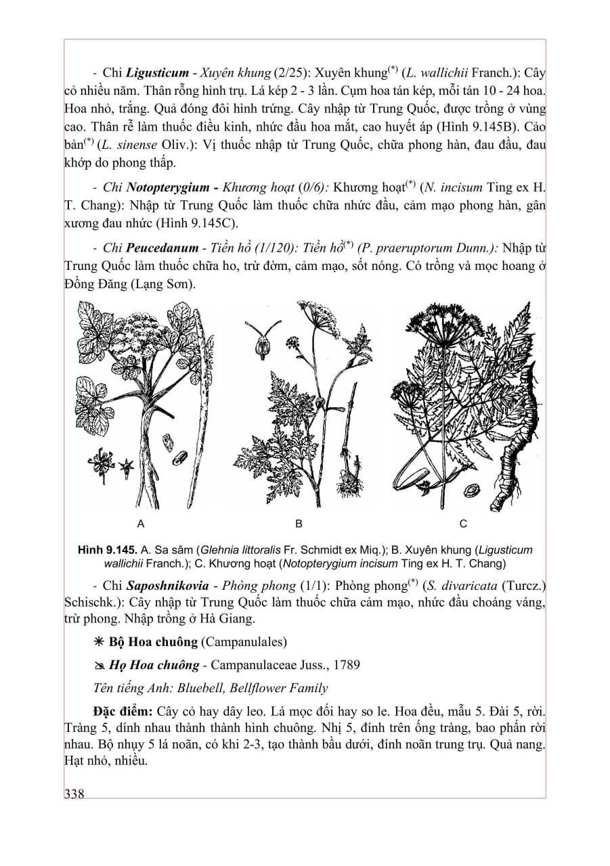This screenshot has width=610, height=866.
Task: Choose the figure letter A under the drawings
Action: click(141, 523)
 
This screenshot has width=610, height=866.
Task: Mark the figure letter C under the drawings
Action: click(463, 523)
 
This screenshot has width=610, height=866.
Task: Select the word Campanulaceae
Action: click(248, 666)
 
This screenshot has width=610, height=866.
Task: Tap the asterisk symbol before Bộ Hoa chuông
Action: click(99, 642)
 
